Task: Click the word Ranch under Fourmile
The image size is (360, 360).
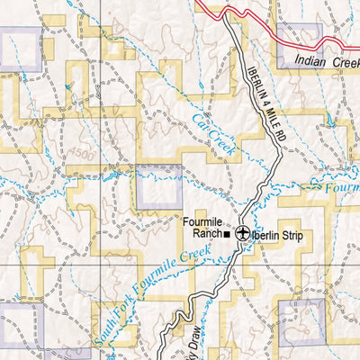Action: click(207, 235)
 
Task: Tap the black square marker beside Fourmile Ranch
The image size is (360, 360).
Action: click(228, 235)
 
